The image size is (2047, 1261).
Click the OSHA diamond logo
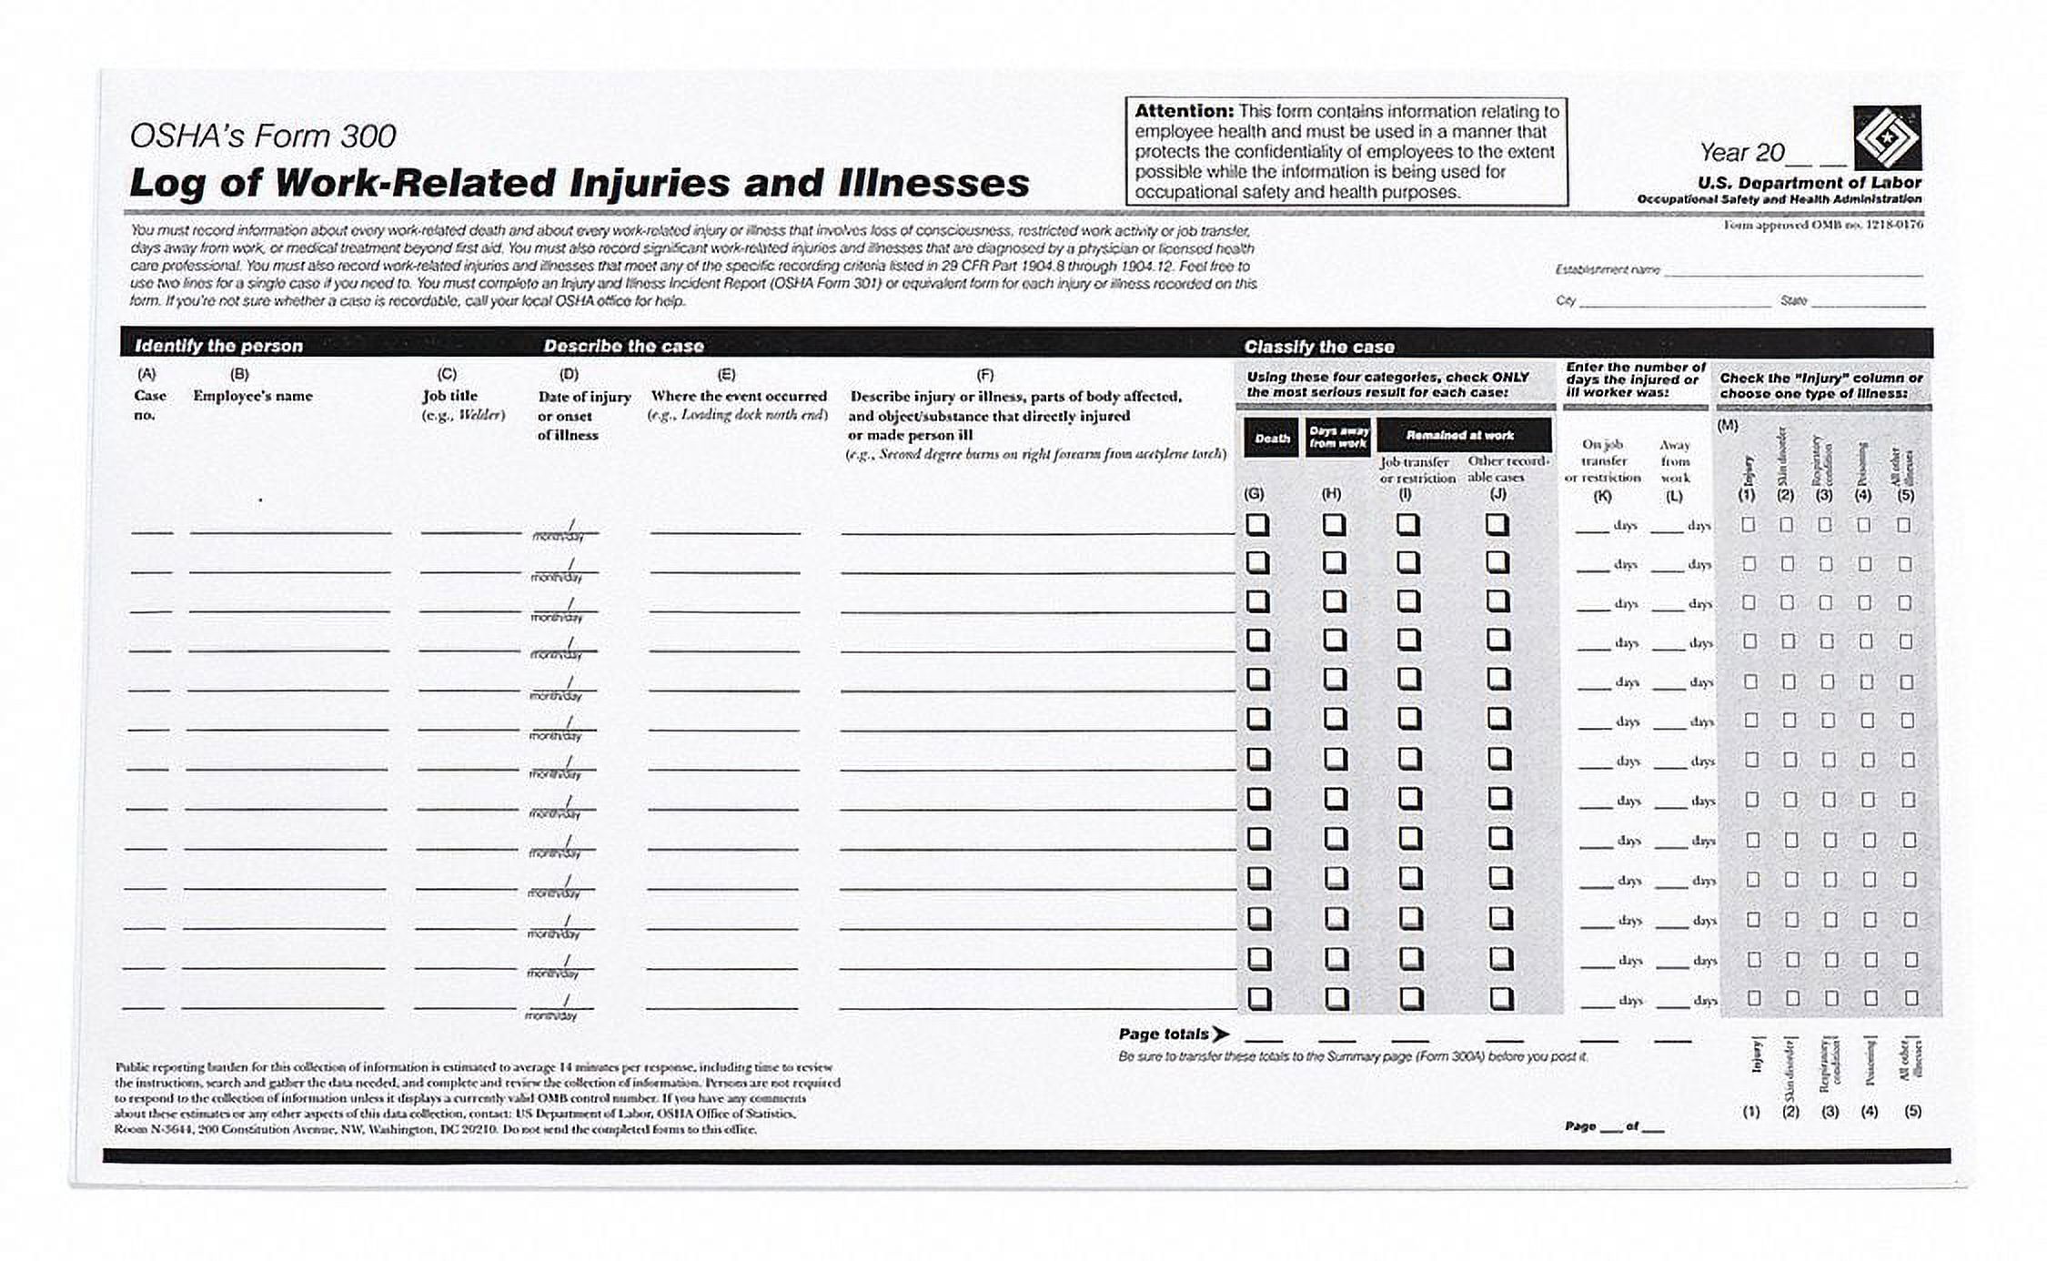[x=1887, y=137]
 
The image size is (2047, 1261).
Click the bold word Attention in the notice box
[x=1183, y=111]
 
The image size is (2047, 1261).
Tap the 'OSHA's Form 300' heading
[x=263, y=136]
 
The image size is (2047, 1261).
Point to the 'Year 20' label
[x=1741, y=152]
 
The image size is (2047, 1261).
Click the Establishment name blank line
[x=1791, y=271]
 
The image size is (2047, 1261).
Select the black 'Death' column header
[x=1271, y=438]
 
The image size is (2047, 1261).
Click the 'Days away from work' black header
[x=1337, y=438]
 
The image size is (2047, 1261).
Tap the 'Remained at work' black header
[x=1463, y=435]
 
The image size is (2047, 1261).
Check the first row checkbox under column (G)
[x=1257, y=525]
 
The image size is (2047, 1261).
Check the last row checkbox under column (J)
[x=1501, y=998]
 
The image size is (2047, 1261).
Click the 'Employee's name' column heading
[x=252, y=396]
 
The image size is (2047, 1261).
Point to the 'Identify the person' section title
[x=218, y=346]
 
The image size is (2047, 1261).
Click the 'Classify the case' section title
[x=1318, y=347]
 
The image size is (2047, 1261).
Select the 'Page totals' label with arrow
[x=1173, y=1034]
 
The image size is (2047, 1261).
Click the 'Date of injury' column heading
[x=583, y=397]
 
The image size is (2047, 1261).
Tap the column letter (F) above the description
[x=984, y=374]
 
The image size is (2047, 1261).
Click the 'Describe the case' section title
[x=623, y=346]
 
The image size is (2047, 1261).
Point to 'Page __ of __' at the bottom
[x=1614, y=1126]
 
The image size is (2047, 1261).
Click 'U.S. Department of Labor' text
[x=1809, y=182]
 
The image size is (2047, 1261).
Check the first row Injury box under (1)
[x=1748, y=525]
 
